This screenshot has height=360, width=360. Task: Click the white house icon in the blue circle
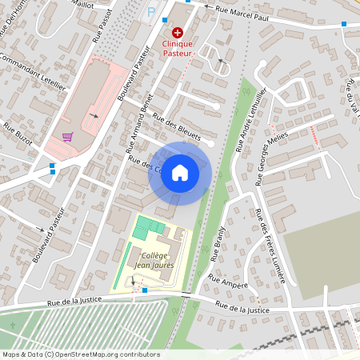click(180, 173)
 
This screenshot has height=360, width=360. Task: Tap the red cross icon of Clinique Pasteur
click(178, 32)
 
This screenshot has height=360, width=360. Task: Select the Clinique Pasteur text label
click(178, 47)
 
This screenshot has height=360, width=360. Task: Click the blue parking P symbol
click(152, 12)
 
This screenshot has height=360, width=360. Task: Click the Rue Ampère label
click(225, 282)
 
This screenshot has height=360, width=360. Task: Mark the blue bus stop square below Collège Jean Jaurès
click(144, 290)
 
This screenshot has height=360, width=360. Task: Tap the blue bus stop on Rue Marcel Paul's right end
click(344, 24)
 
